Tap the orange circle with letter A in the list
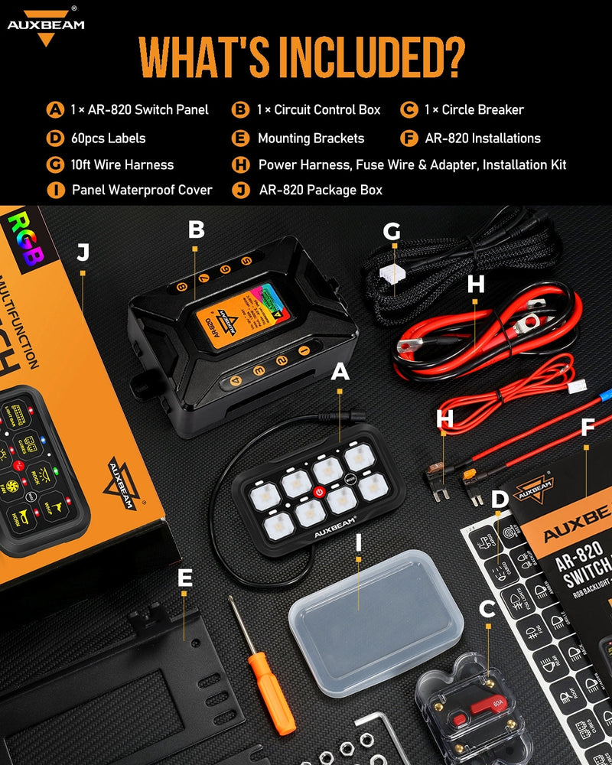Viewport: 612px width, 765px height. tap(55, 109)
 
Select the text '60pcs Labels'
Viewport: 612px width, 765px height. tap(107, 138)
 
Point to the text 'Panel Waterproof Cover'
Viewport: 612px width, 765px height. tap(142, 190)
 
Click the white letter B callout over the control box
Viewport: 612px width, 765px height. tap(197, 229)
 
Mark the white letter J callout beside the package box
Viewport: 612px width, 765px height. tap(83, 252)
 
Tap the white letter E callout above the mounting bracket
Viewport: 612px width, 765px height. tap(184, 578)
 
